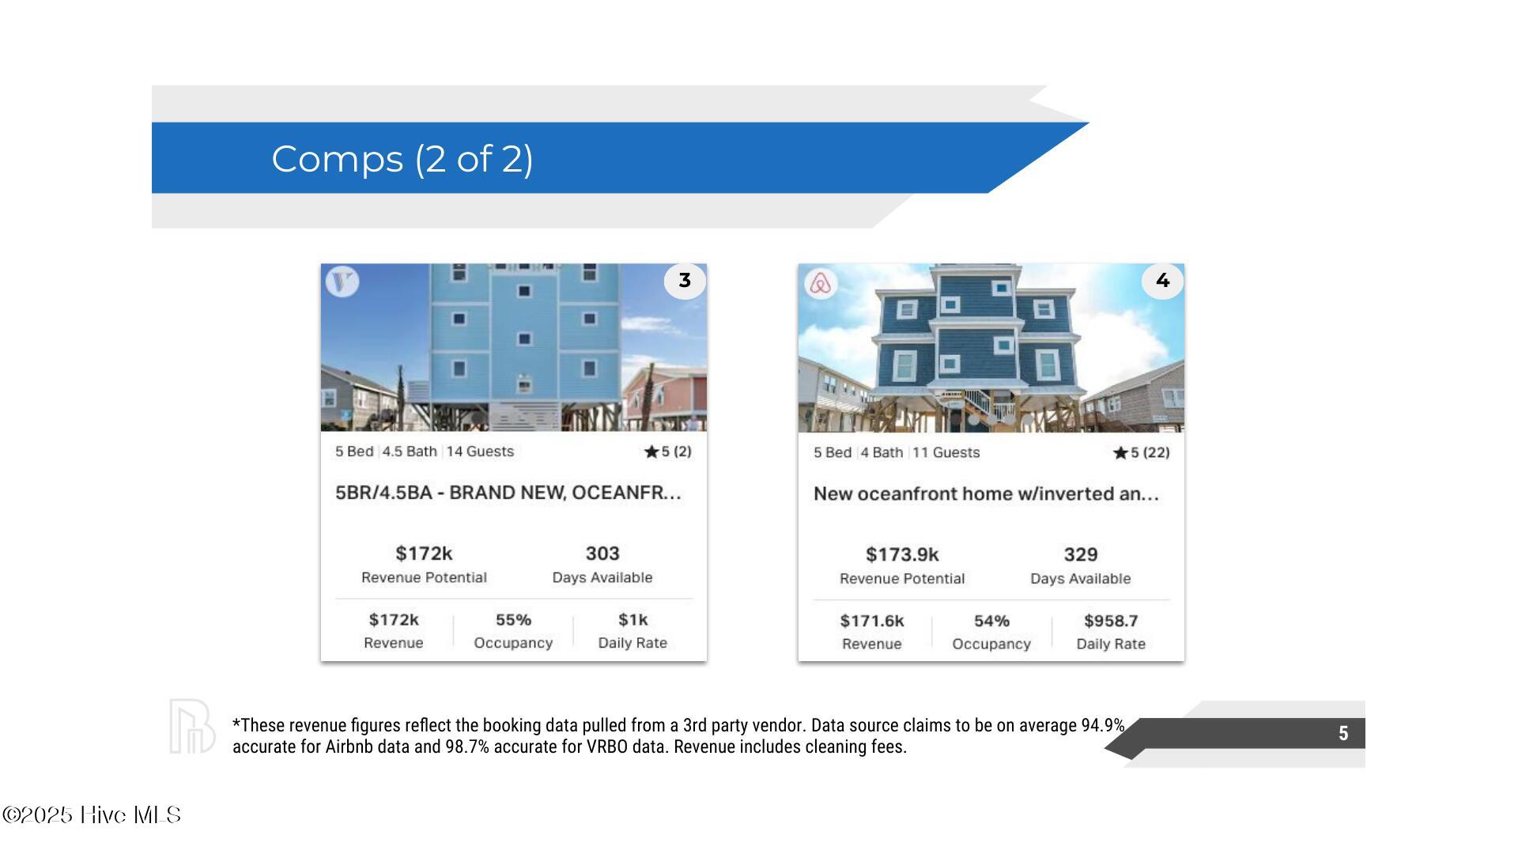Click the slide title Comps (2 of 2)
click(x=402, y=159)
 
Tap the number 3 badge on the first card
click(x=685, y=281)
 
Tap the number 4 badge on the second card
click(x=1162, y=281)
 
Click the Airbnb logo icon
click(x=821, y=283)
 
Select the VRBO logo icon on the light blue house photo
click(x=342, y=282)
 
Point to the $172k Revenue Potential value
click(x=424, y=554)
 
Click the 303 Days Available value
click(x=602, y=554)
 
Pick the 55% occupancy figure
click(x=513, y=620)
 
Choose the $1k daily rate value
click(x=632, y=620)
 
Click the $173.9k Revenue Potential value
click(x=902, y=555)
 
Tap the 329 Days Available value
click(x=1081, y=555)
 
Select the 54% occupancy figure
click(x=991, y=622)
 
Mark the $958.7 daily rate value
click(x=1111, y=622)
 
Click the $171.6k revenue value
click(x=872, y=622)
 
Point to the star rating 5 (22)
click(x=1141, y=452)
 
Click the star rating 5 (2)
click(x=668, y=452)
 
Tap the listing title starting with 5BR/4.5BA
click(x=508, y=493)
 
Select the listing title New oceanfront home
click(x=986, y=494)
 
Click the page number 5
click(x=1343, y=734)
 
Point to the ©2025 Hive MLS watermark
click(x=92, y=815)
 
